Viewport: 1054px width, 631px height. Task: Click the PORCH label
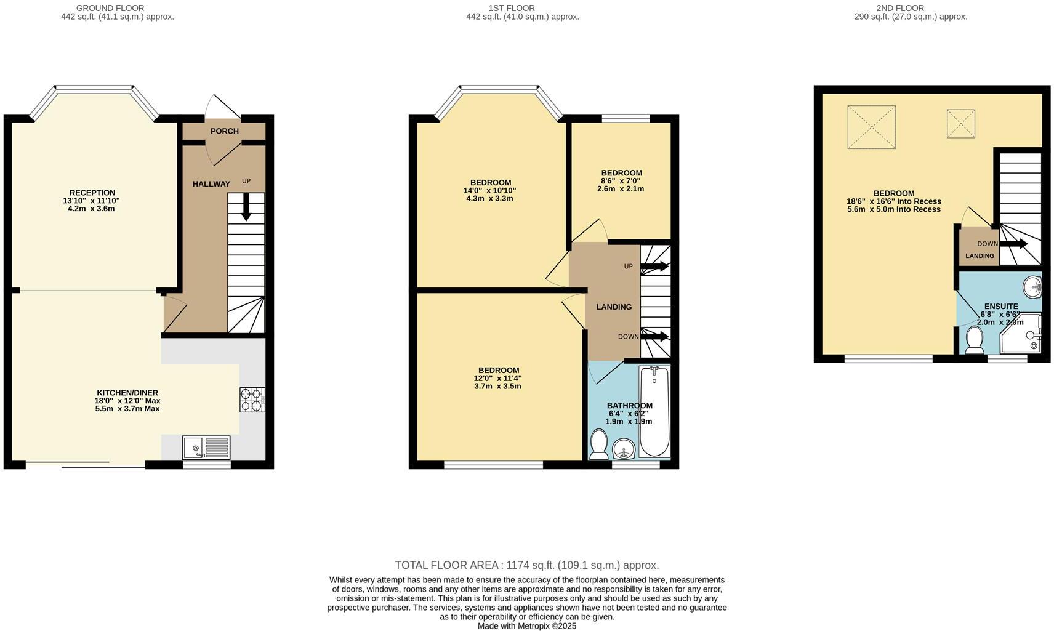coord(224,131)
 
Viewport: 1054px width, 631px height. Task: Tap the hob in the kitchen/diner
coord(252,400)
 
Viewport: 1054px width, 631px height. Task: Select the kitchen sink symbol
coord(206,448)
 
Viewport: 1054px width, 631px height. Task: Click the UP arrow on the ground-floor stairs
coord(246,207)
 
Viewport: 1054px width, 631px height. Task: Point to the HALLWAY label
coord(211,184)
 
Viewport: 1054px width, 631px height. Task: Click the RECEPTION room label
coord(92,193)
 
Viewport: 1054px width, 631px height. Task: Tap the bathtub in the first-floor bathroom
coord(654,411)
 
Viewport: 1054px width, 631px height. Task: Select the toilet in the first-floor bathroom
coord(598,444)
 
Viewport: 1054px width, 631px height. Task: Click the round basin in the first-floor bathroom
coord(625,449)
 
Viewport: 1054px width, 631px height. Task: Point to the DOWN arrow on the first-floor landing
coord(654,336)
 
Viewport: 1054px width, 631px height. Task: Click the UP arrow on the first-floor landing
coord(654,267)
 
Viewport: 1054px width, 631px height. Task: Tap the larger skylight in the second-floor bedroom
coord(871,127)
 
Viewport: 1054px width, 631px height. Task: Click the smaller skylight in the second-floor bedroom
coord(960,124)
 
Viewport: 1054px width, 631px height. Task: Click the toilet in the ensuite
coord(974,340)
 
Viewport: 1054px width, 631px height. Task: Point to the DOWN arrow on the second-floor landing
coord(1013,244)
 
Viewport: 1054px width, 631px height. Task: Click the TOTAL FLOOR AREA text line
coord(526,565)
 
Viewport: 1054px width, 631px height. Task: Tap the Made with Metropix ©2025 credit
coord(526,625)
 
